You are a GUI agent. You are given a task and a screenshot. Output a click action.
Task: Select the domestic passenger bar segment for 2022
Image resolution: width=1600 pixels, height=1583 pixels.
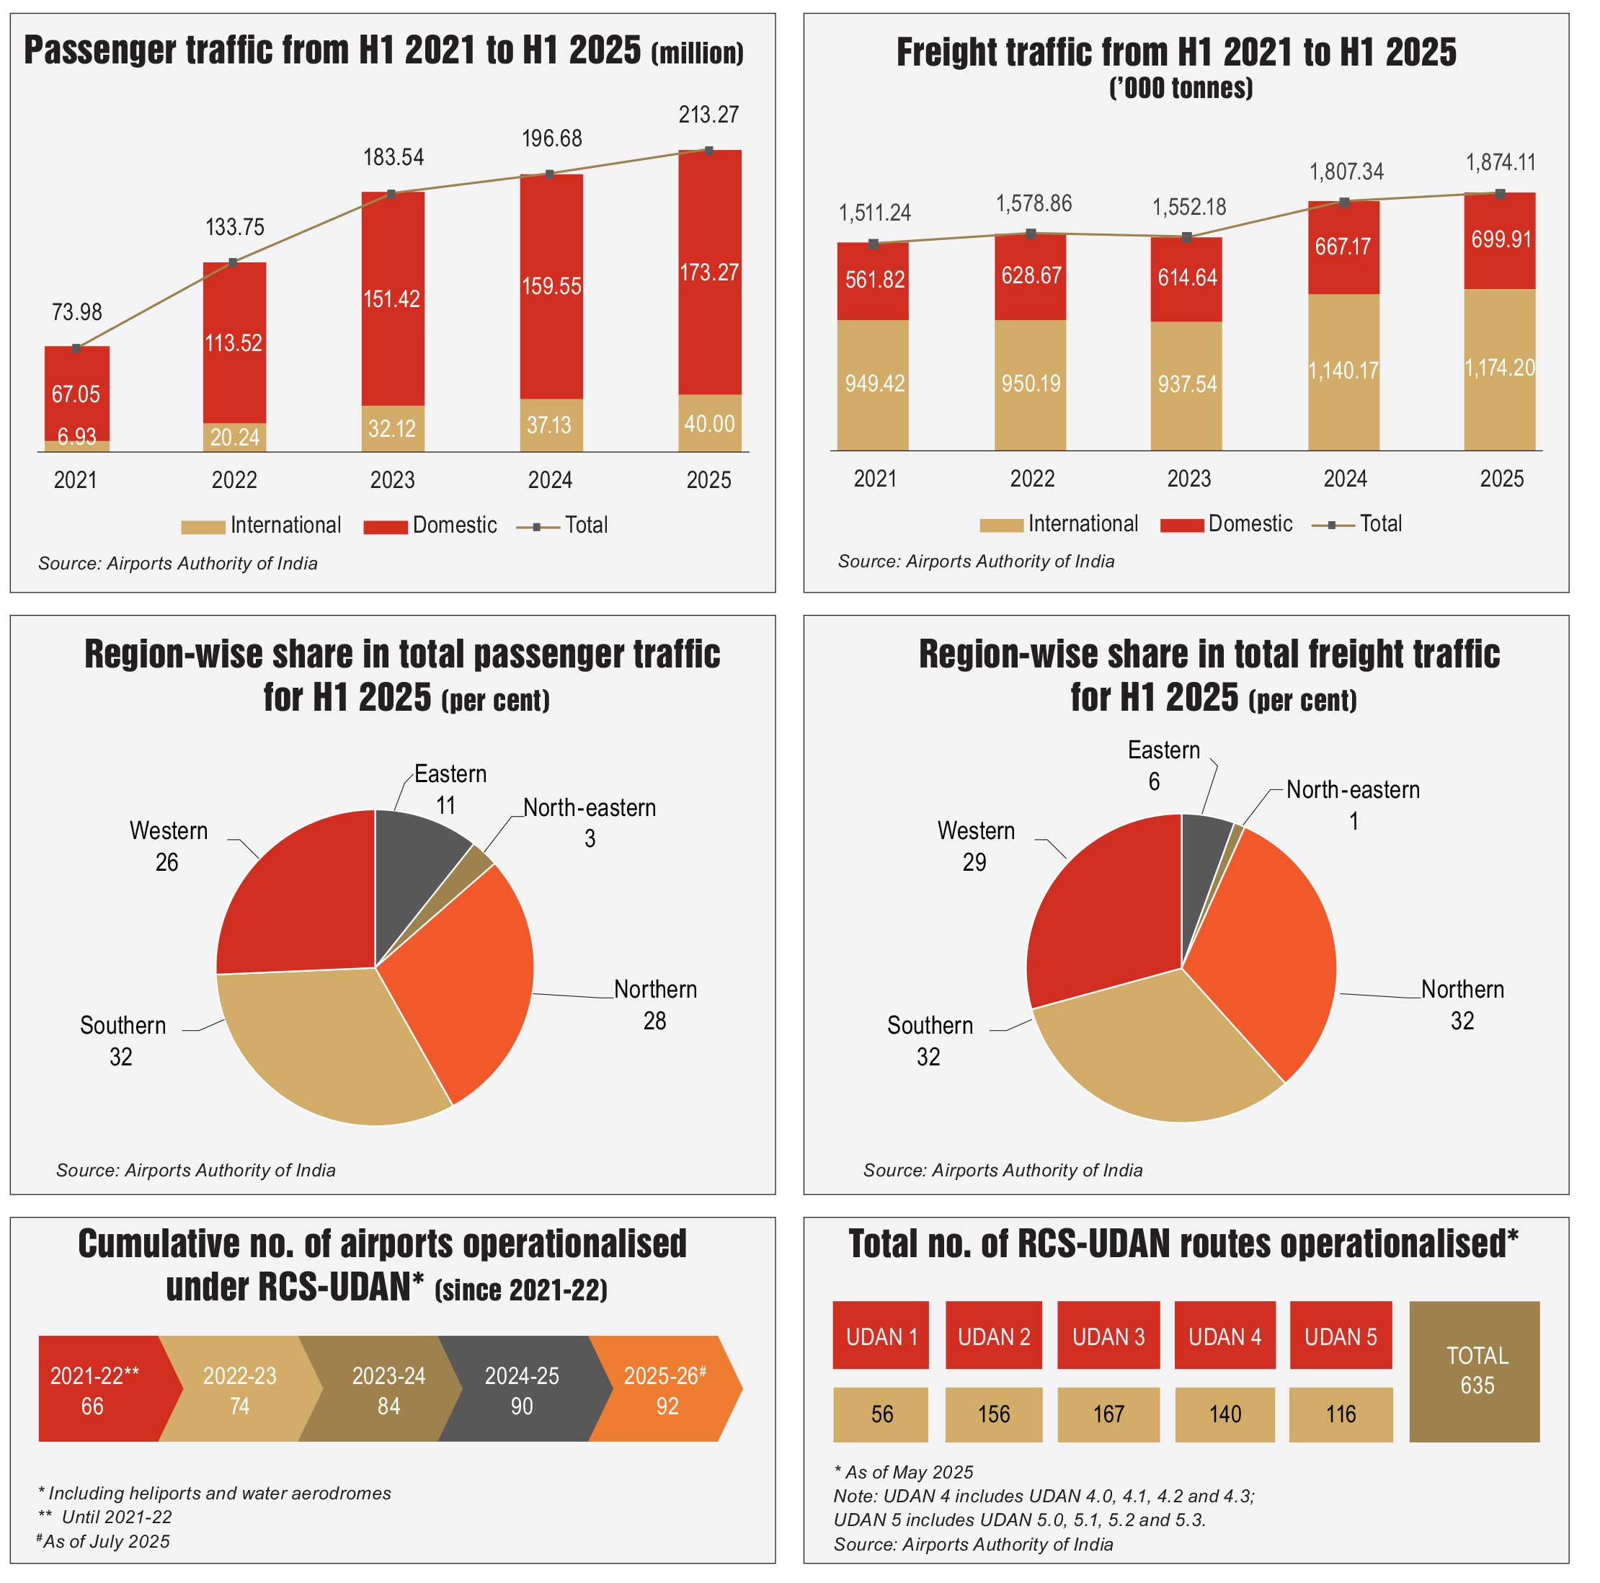234,342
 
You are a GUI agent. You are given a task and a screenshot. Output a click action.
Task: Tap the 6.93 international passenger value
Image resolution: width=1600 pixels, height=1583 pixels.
76,437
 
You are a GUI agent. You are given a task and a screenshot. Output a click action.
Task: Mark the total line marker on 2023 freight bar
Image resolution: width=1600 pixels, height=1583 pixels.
1187,238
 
